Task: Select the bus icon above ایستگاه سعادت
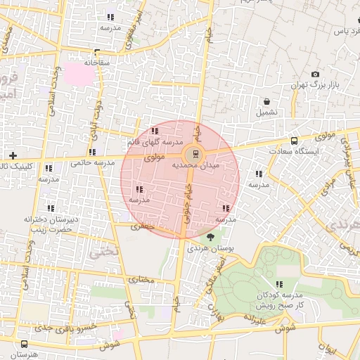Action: tap(293, 141)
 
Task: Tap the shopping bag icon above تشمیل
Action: tap(266, 101)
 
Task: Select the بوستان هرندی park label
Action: tap(210, 250)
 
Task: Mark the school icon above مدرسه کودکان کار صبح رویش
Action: tap(279, 284)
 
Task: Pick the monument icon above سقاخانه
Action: tap(96, 52)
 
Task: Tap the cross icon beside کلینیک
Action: tap(12, 155)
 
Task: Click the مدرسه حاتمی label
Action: tap(93, 164)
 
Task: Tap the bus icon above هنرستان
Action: tap(25, 344)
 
